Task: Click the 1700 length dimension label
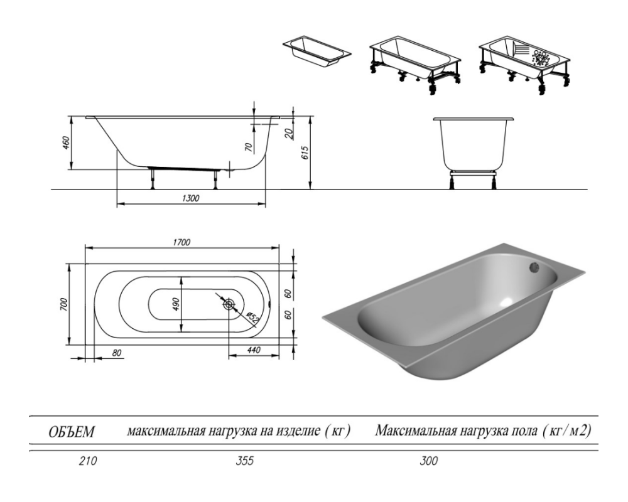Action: pos(181,242)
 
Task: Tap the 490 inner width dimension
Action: pos(175,304)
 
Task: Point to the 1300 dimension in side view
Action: pos(191,198)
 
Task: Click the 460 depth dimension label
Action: pos(66,143)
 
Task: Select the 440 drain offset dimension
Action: pos(254,350)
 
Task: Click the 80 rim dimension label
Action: pos(117,353)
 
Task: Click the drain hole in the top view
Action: pos(229,304)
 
